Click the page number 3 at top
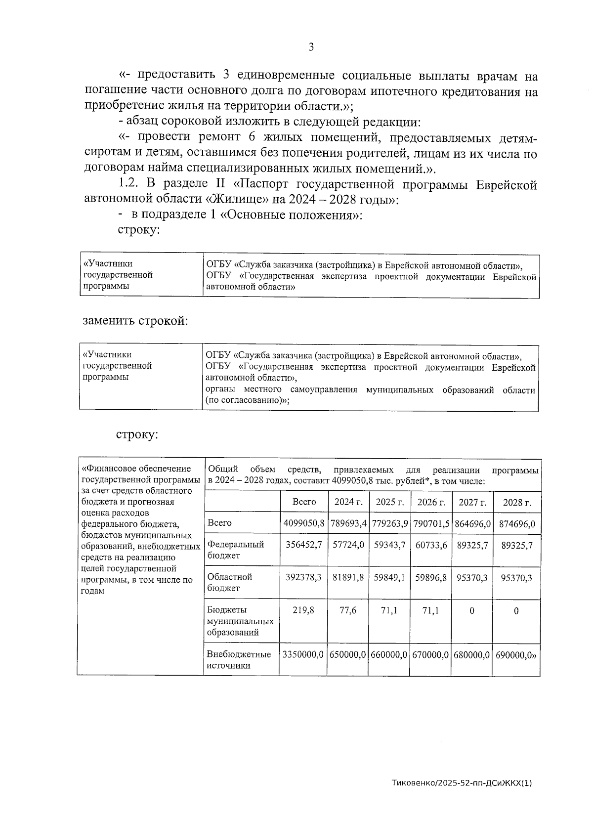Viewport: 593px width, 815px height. (x=311, y=47)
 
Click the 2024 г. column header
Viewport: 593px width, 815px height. (x=348, y=502)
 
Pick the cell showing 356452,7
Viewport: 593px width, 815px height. (x=304, y=545)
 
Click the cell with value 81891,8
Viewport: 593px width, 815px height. (x=348, y=577)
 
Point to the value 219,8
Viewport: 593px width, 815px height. (x=303, y=610)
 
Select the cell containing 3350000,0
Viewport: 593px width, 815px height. (x=303, y=654)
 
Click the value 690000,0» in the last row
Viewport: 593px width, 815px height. (x=516, y=654)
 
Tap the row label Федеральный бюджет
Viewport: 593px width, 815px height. (x=235, y=550)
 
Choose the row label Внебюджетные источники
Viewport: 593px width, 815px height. (x=239, y=660)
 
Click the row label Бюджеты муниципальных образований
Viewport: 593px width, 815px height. (x=240, y=621)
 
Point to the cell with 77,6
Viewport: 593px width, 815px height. (x=348, y=610)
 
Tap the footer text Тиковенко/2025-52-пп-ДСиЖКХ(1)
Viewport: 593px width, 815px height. (x=462, y=783)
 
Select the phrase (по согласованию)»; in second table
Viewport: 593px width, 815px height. (x=247, y=401)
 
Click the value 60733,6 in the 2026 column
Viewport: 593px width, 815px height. (x=431, y=545)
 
